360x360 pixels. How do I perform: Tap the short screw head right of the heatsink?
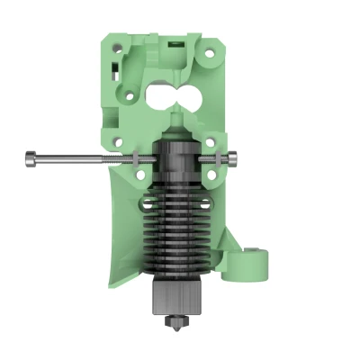233,159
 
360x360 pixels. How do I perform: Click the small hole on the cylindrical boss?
260,253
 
